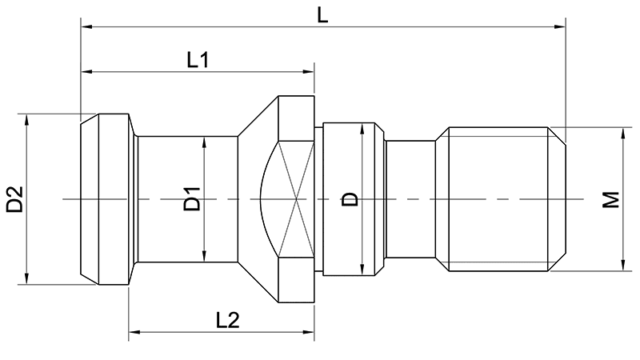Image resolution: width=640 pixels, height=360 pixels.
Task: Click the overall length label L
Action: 322,14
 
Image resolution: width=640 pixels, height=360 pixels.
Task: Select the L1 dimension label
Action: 198,60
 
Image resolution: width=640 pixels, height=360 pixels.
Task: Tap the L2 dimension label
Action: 228,319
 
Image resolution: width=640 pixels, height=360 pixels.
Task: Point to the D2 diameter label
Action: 15,199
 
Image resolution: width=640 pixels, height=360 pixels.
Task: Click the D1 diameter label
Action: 191,199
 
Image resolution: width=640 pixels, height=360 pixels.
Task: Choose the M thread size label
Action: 611,199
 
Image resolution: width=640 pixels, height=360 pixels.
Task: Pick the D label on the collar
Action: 350,198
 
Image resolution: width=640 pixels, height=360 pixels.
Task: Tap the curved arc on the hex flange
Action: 266,198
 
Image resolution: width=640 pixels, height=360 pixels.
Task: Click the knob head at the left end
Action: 104,198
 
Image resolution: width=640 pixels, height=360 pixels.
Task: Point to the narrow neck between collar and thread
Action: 411,198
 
